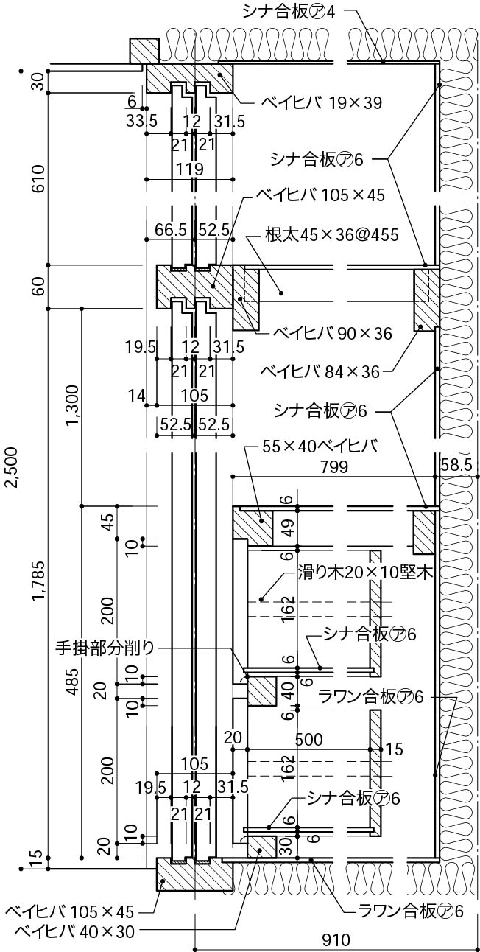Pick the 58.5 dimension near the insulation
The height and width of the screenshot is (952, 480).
click(458, 466)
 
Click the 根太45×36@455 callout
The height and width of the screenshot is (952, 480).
click(331, 235)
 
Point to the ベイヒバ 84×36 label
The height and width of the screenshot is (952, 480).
click(320, 371)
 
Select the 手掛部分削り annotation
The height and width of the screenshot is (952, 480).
click(105, 648)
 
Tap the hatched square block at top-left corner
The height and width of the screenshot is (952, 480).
click(144, 50)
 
